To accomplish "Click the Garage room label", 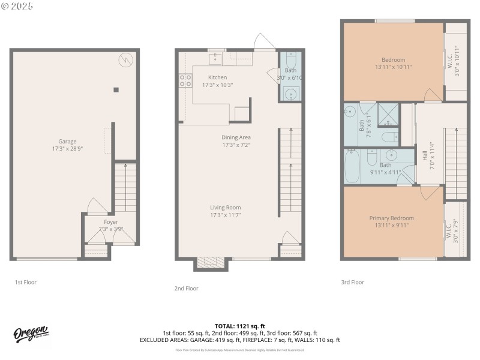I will coord(64,145).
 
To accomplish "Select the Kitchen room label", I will coord(217,81).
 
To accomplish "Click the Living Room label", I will coord(225,211).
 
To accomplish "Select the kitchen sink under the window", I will coord(215,59).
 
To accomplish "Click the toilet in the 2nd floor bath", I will coord(291,62).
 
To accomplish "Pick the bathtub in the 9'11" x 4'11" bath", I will coord(354,165).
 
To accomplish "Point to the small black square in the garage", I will coord(116,90).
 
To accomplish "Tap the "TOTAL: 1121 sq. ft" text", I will coord(239,326).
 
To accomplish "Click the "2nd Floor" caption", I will coord(186,289).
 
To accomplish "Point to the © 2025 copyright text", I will coord(17,6).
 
